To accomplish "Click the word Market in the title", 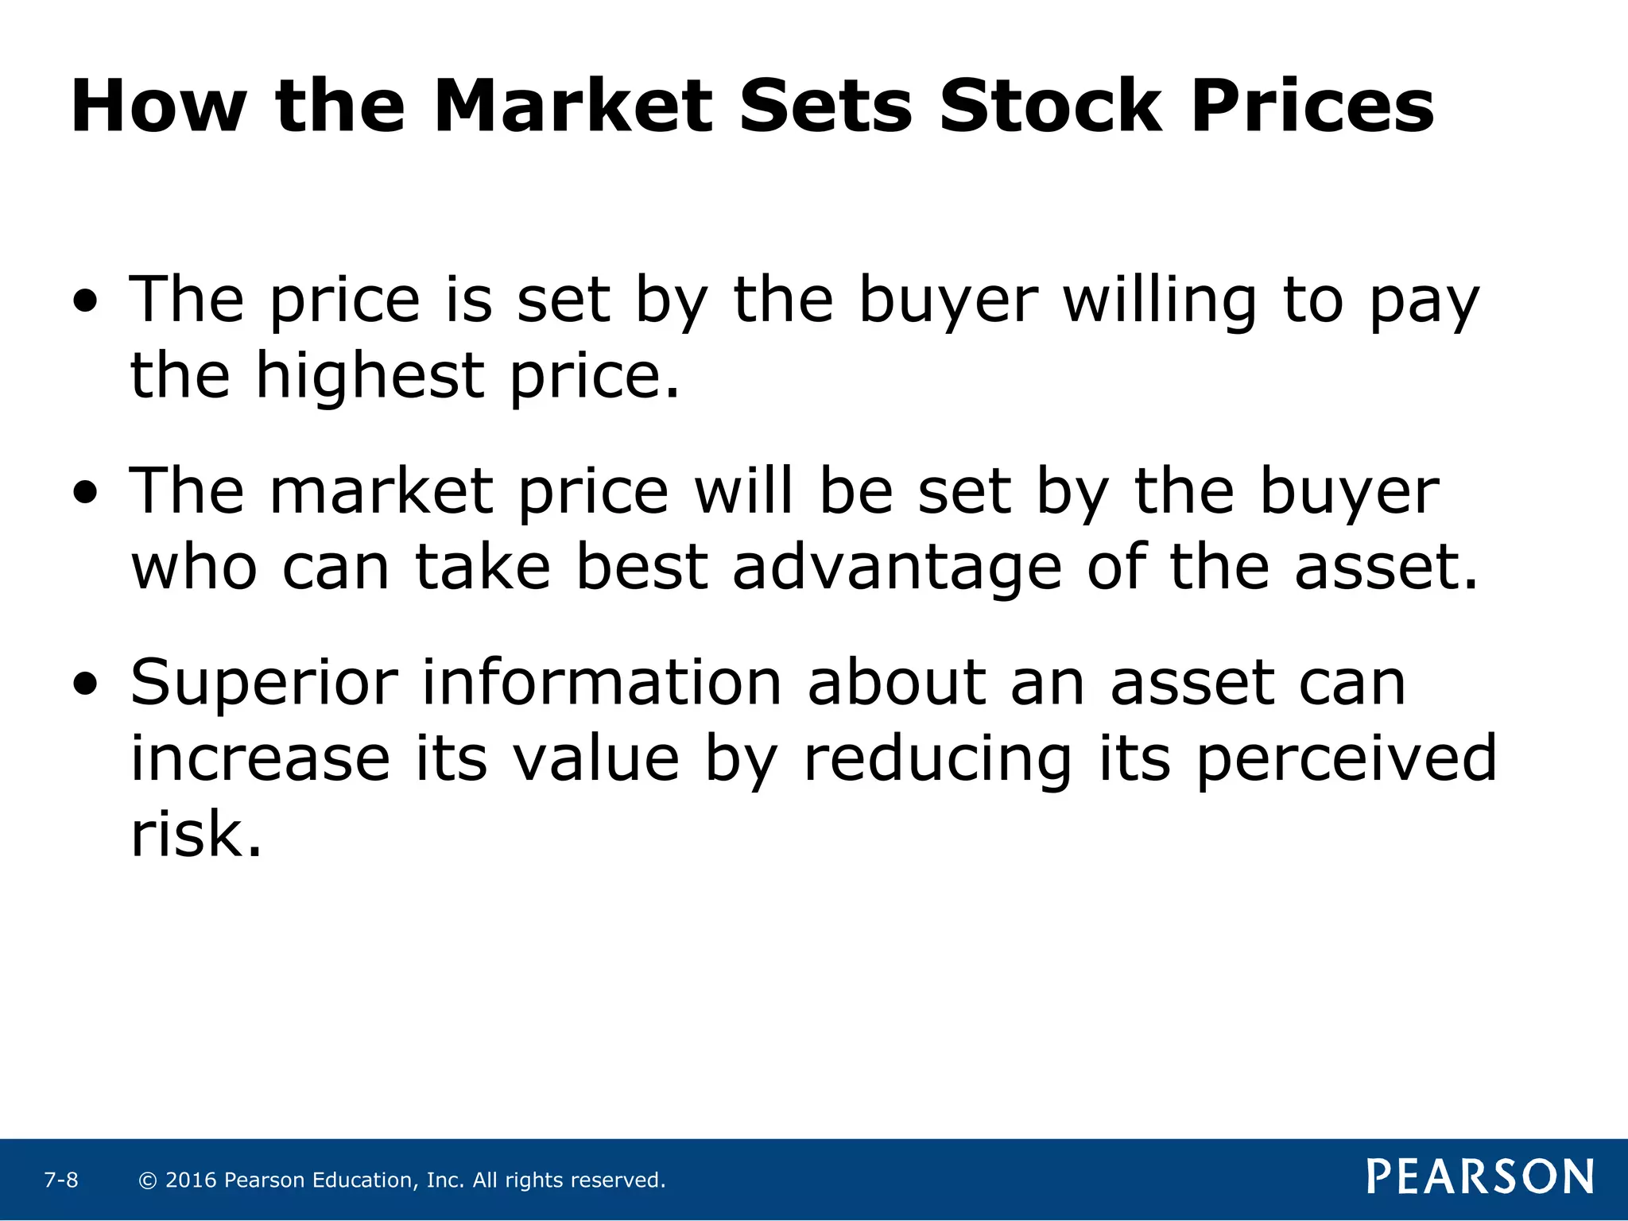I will point(572,106).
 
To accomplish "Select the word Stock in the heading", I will point(1049,106).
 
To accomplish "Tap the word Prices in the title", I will point(1312,106).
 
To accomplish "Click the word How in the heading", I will point(159,106).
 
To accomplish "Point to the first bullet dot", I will point(85,301).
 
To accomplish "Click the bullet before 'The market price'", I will point(85,493).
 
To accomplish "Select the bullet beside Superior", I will point(85,684).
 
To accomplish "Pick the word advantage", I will point(897,568).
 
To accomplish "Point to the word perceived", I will point(1346,759).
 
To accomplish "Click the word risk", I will point(196,835).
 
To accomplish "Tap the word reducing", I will point(938,759).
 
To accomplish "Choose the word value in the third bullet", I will point(596,759).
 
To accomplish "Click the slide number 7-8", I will point(61,1180).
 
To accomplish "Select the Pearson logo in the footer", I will point(1480,1176).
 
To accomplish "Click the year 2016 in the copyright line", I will point(191,1180).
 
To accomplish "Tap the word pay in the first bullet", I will point(1423,302).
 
